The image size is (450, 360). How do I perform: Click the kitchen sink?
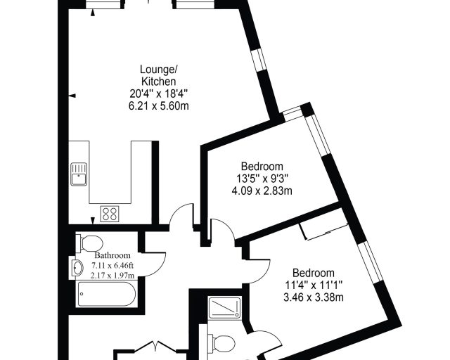[79, 174]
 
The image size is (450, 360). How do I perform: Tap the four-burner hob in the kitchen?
[110, 214]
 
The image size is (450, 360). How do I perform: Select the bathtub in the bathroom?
[106, 294]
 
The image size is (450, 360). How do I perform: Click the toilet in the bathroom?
[89, 244]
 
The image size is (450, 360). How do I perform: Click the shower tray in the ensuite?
[224, 308]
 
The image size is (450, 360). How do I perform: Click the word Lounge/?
[159, 70]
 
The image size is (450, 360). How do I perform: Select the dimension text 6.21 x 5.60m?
[159, 106]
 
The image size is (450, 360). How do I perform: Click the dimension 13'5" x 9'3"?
[262, 179]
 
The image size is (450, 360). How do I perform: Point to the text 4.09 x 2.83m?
[262, 191]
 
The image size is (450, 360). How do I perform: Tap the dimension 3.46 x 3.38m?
[314, 297]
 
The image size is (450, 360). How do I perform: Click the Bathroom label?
[112, 255]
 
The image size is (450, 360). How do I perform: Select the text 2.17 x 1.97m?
[112, 276]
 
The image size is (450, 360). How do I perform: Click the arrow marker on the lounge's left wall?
[73, 96]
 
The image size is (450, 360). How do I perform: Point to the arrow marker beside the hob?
[92, 221]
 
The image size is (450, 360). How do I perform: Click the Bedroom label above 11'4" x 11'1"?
[314, 273]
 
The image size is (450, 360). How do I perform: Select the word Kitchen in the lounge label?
[159, 82]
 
